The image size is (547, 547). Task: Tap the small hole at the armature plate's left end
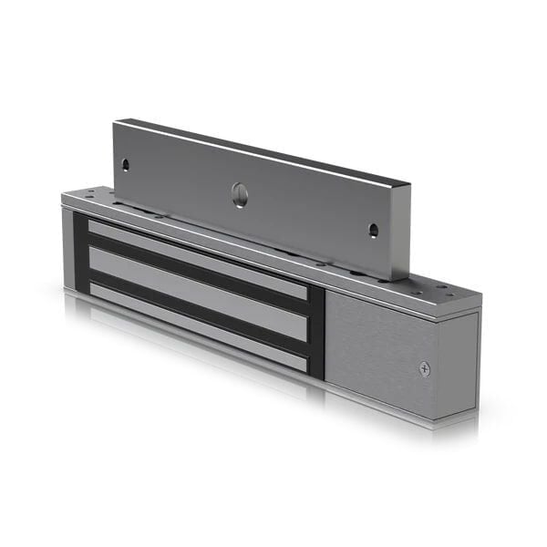pyautogui.click(x=126, y=165)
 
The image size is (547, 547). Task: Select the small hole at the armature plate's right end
pyautogui.click(x=372, y=230)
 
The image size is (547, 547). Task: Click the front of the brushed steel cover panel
pyautogui.click(x=378, y=346)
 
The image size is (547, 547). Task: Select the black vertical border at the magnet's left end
pyautogui.click(x=80, y=255)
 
